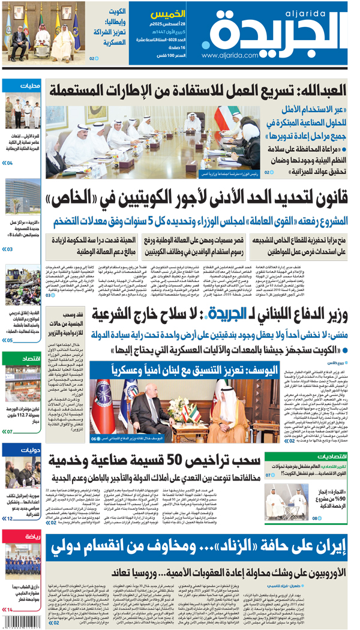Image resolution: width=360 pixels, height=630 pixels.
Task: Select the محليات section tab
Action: [x=20, y=86]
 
